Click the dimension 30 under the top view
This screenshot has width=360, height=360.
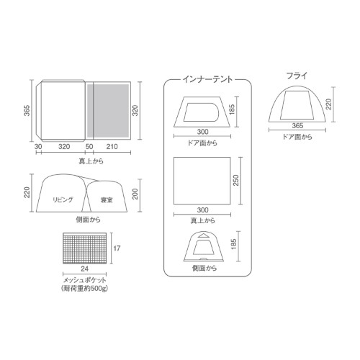click(x=38, y=146)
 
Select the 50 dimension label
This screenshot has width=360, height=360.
click(x=89, y=146)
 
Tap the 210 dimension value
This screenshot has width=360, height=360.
click(x=112, y=146)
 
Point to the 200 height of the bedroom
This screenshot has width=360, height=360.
click(x=135, y=194)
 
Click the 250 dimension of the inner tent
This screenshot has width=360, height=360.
click(x=236, y=180)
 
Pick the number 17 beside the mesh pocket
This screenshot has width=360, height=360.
click(x=117, y=248)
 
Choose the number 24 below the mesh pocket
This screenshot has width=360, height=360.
click(x=84, y=269)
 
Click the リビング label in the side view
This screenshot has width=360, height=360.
click(x=63, y=199)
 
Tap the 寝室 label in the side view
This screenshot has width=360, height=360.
click(x=107, y=200)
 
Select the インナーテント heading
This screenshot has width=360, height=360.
click(x=207, y=79)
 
